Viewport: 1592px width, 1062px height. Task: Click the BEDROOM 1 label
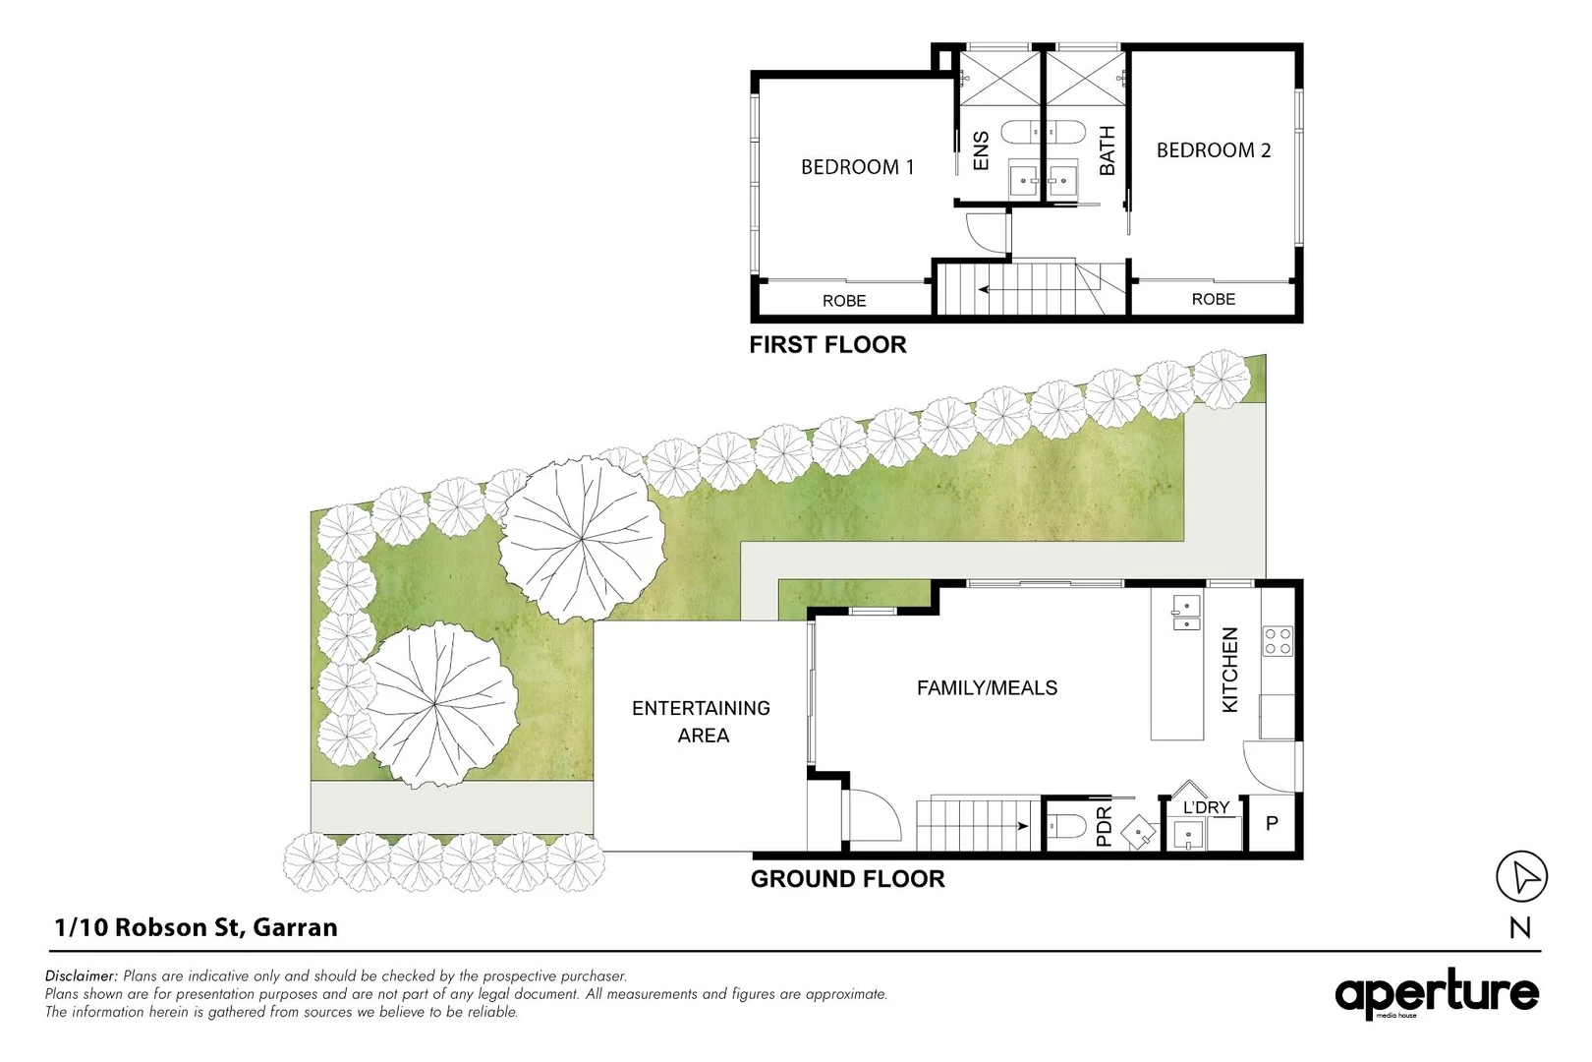(x=857, y=167)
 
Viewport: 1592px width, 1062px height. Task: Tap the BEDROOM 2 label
(x=1214, y=150)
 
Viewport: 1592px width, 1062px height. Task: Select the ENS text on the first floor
(x=980, y=151)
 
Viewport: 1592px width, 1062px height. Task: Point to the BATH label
(x=1107, y=150)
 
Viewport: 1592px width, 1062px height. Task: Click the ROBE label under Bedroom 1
(x=844, y=301)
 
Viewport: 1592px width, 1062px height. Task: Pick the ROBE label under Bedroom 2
(x=1213, y=299)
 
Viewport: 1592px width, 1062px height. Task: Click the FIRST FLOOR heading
(x=827, y=345)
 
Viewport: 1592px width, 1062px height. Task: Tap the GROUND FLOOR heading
(x=847, y=879)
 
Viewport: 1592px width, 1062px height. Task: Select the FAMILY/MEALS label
(x=987, y=688)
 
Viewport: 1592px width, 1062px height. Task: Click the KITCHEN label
(x=1229, y=671)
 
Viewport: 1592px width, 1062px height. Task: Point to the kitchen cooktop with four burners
(x=1278, y=642)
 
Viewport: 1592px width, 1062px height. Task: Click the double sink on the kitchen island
(x=1186, y=613)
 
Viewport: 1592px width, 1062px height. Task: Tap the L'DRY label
(x=1206, y=807)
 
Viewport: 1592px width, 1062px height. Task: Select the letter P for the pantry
(x=1272, y=824)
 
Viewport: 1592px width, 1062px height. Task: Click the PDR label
(x=1103, y=827)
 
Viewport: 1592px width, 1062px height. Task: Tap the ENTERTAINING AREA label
(x=702, y=722)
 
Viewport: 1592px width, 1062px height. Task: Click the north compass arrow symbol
(x=1521, y=877)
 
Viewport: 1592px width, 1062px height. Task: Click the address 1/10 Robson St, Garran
(x=197, y=927)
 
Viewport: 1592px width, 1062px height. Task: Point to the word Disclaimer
(x=81, y=976)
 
